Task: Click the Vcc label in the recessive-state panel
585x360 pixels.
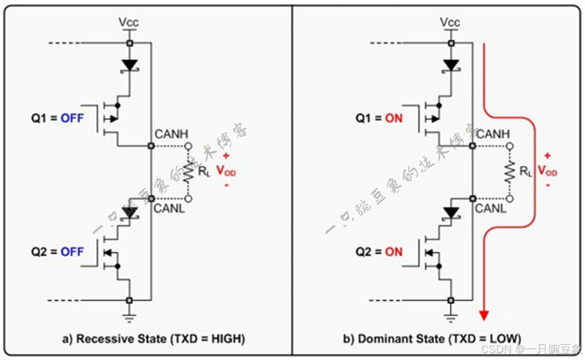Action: pyautogui.click(x=129, y=23)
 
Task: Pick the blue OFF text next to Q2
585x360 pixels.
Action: pyautogui.click(x=72, y=252)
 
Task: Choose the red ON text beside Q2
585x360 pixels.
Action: pyautogui.click(x=393, y=252)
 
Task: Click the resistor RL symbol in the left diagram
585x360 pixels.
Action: pyautogui.click(x=188, y=172)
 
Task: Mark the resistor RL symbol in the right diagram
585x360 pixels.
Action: pyautogui.click(x=510, y=172)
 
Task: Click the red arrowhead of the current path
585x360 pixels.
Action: pyautogui.click(x=484, y=315)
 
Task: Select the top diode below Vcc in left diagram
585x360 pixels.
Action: pyautogui.click(x=129, y=65)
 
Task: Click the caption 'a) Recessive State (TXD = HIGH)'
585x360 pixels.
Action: pyautogui.click(x=153, y=338)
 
